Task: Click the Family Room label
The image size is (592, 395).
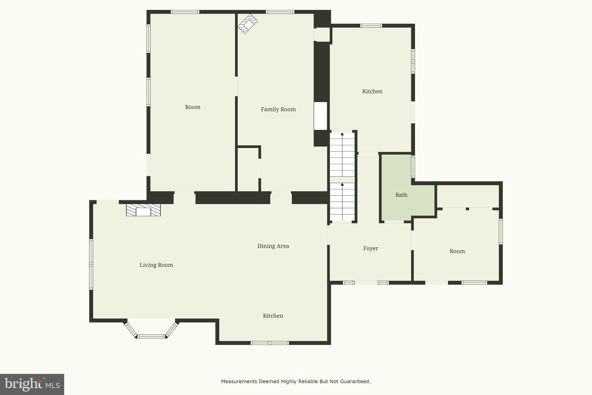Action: point(278,109)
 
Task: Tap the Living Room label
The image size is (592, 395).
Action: point(156,265)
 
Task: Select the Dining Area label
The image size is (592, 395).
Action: point(273,246)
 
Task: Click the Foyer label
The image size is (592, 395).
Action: point(371,249)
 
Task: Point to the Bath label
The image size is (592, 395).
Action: point(401,195)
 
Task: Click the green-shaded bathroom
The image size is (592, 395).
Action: point(396,179)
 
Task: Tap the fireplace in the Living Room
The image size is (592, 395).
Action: point(143,210)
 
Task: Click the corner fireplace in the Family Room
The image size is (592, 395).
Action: point(247,24)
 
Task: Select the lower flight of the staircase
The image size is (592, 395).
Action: point(342,202)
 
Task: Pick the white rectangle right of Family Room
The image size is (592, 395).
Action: point(321,116)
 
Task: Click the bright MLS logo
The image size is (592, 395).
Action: point(32,384)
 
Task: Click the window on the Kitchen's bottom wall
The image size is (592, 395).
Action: point(270,343)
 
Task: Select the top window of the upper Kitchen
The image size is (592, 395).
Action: point(371,25)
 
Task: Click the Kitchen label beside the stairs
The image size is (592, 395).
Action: point(372,91)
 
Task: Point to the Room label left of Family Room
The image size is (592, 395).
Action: point(193,107)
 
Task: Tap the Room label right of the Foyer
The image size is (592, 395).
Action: point(457,251)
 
